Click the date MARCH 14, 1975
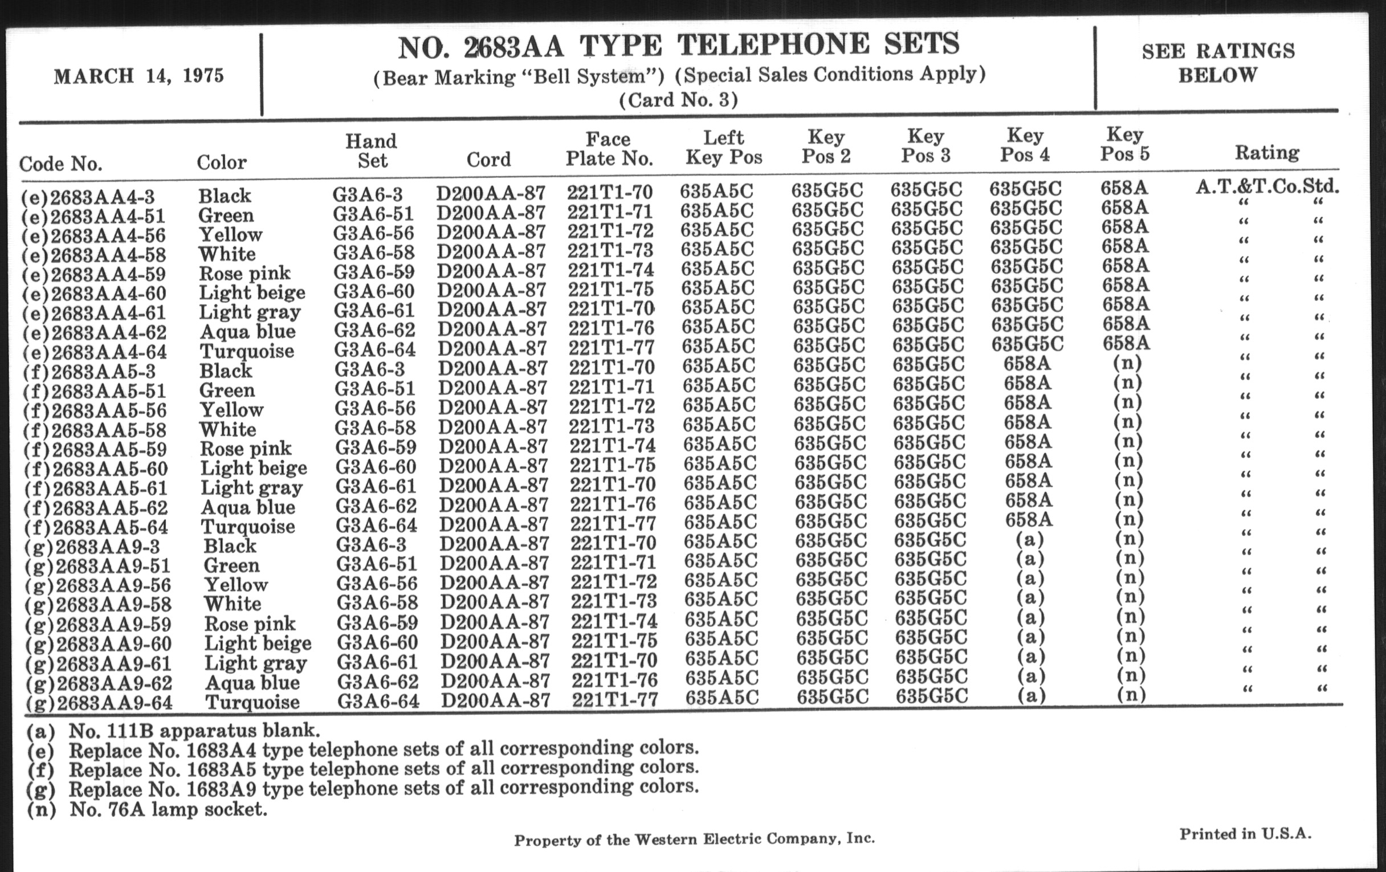138,76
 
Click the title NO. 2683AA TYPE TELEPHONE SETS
679,46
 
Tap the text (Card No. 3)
678,100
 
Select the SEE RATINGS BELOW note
1218,63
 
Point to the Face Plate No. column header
609,149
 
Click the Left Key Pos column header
724,148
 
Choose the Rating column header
1267,153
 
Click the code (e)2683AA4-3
88,197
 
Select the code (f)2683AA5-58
95,430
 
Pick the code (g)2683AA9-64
99,703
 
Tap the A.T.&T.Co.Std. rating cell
1267,186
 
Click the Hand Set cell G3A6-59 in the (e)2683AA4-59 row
374,271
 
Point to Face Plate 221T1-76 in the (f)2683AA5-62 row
613,504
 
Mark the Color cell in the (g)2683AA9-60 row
258,643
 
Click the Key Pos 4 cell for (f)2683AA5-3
1027,364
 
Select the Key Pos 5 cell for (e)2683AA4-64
1126,344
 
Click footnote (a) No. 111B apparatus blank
173,731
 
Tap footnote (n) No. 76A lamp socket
147,810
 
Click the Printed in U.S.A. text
1245,833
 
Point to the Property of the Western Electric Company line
694,840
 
